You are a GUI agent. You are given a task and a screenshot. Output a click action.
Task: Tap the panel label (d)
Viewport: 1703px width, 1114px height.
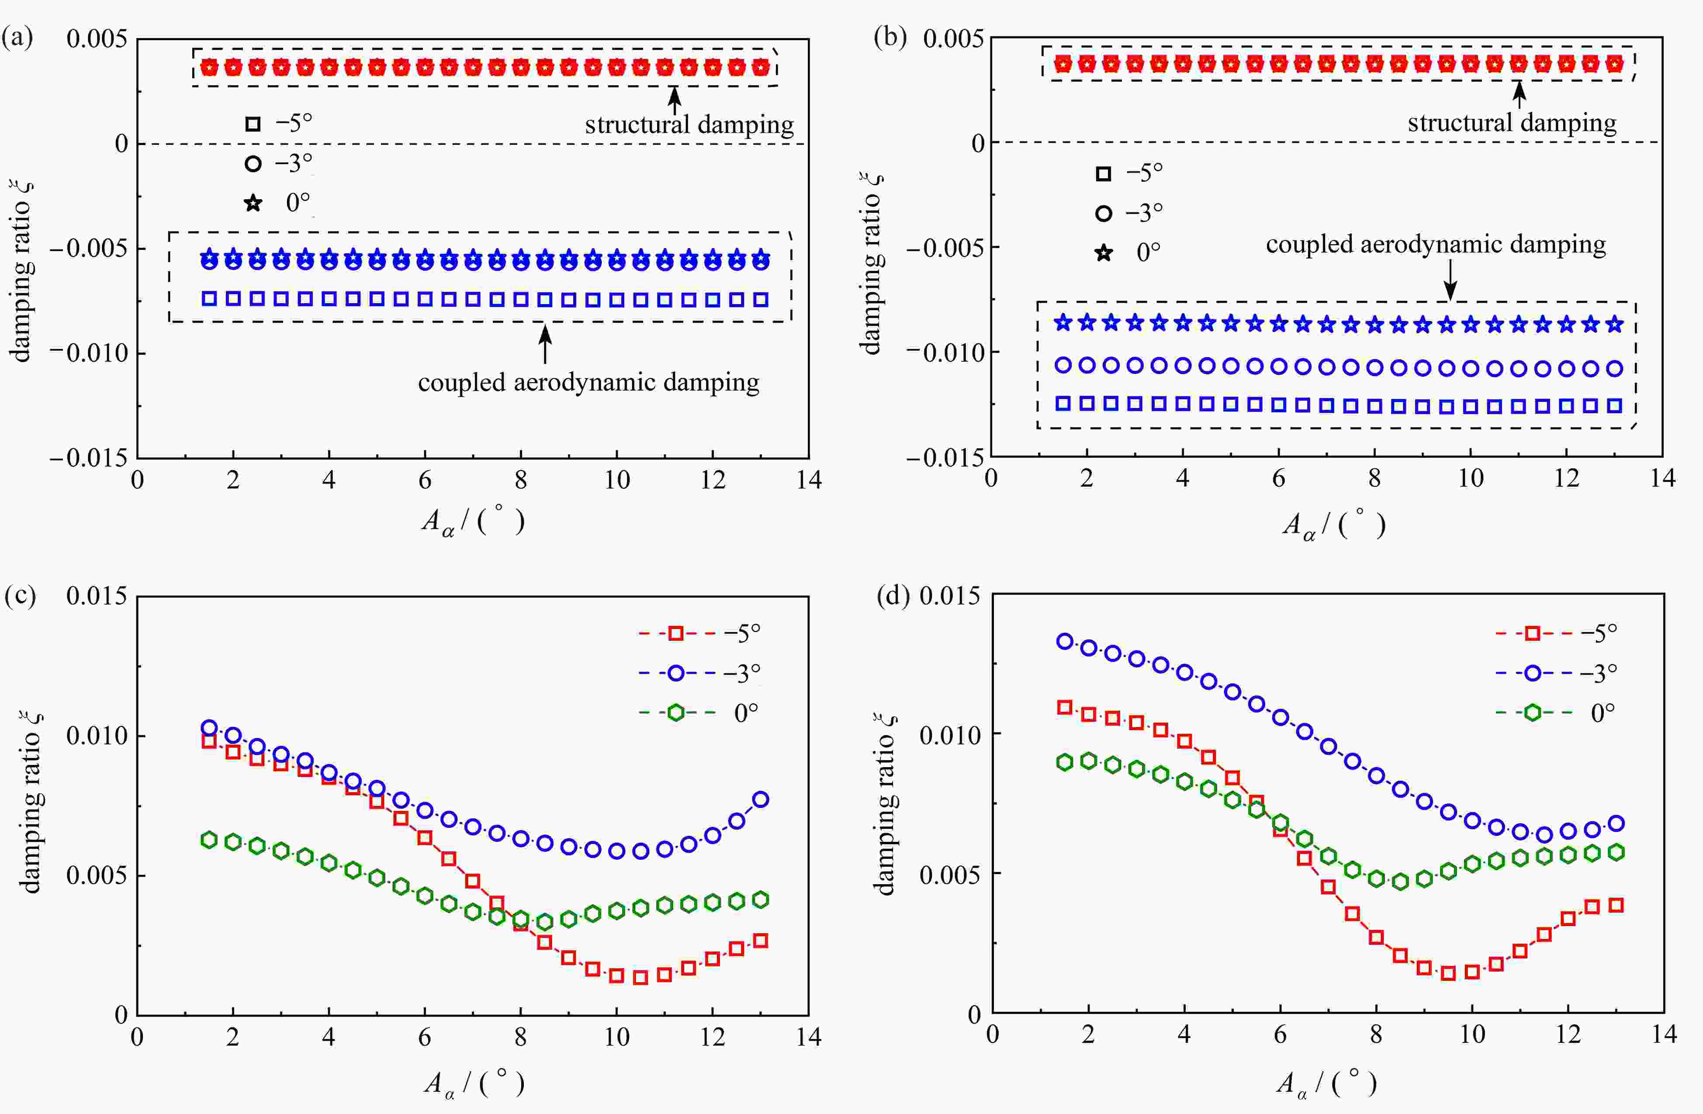893,596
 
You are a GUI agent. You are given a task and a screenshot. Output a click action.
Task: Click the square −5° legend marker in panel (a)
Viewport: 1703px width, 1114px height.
253,124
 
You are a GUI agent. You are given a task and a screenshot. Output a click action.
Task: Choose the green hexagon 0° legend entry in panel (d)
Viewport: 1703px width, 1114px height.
1532,713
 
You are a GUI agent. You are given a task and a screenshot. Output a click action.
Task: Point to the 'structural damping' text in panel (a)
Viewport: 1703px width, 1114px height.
689,125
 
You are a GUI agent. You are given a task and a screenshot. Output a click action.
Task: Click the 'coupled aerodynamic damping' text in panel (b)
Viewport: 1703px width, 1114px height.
1435,245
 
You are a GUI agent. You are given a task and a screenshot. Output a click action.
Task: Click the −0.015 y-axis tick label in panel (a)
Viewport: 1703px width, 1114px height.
88,458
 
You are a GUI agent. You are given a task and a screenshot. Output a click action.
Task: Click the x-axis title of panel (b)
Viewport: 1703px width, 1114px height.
1333,526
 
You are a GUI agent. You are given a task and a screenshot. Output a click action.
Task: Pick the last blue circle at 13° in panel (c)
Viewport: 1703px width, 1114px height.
761,799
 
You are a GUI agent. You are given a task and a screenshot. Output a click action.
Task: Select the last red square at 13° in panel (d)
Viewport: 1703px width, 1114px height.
1616,905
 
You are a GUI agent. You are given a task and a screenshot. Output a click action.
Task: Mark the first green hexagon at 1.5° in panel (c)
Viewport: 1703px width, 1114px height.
209,840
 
